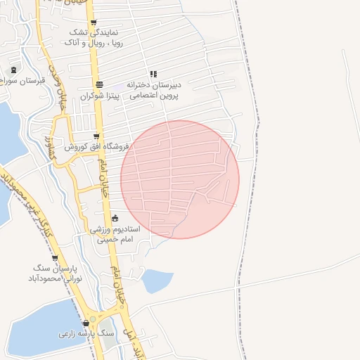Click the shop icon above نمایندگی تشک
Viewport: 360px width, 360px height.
click(94, 22)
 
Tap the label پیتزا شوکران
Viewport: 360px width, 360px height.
click(97, 95)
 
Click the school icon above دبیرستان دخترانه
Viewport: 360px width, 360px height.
click(153, 74)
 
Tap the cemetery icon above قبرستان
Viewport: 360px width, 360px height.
click(14, 70)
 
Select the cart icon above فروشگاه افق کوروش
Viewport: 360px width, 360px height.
click(96, 136)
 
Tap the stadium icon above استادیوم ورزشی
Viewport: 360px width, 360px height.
click(115, 219)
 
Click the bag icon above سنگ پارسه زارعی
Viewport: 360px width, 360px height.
click(86, 323)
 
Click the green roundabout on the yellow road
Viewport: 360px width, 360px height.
click(92, 319)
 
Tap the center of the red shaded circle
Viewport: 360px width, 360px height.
click(180, 179)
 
